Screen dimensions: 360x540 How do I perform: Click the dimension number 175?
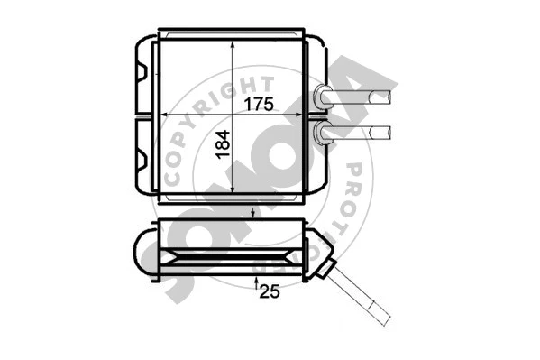[258, 103]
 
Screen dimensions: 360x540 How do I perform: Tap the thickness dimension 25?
[270, 291]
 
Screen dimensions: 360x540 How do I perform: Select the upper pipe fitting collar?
[322, 96]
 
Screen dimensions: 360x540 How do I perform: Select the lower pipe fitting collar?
[322, 134]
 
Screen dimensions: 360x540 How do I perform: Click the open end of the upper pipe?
[389, 95]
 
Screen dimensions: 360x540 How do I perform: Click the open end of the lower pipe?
[389, 133]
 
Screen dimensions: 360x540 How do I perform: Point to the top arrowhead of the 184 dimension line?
[234, 42]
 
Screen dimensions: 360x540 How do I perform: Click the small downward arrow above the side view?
[255, 213]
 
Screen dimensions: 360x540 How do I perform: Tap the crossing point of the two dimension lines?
[234, 115]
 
